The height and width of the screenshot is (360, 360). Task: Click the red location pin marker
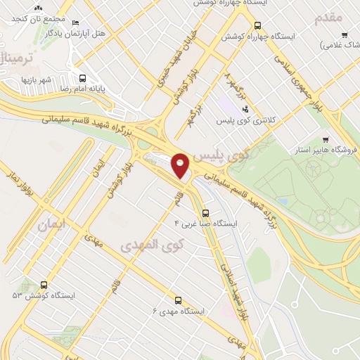click(x=181, y=166)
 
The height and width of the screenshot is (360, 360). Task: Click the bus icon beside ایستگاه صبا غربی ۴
click(x=205, y=212)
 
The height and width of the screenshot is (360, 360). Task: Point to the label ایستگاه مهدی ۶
click(x=179, y=310)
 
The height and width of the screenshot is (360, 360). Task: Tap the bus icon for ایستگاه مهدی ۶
click(x=177, y=299)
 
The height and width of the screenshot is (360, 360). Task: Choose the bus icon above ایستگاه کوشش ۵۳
click(x=44, y=285)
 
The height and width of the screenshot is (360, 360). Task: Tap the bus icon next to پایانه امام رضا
click(x=83, y=79)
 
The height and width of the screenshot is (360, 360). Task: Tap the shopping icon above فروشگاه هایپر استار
click(x=325, y=139)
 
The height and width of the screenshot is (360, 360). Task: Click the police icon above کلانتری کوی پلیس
click(x=245, y=109)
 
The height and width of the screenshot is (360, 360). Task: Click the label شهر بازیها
click(x=37, y=79)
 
